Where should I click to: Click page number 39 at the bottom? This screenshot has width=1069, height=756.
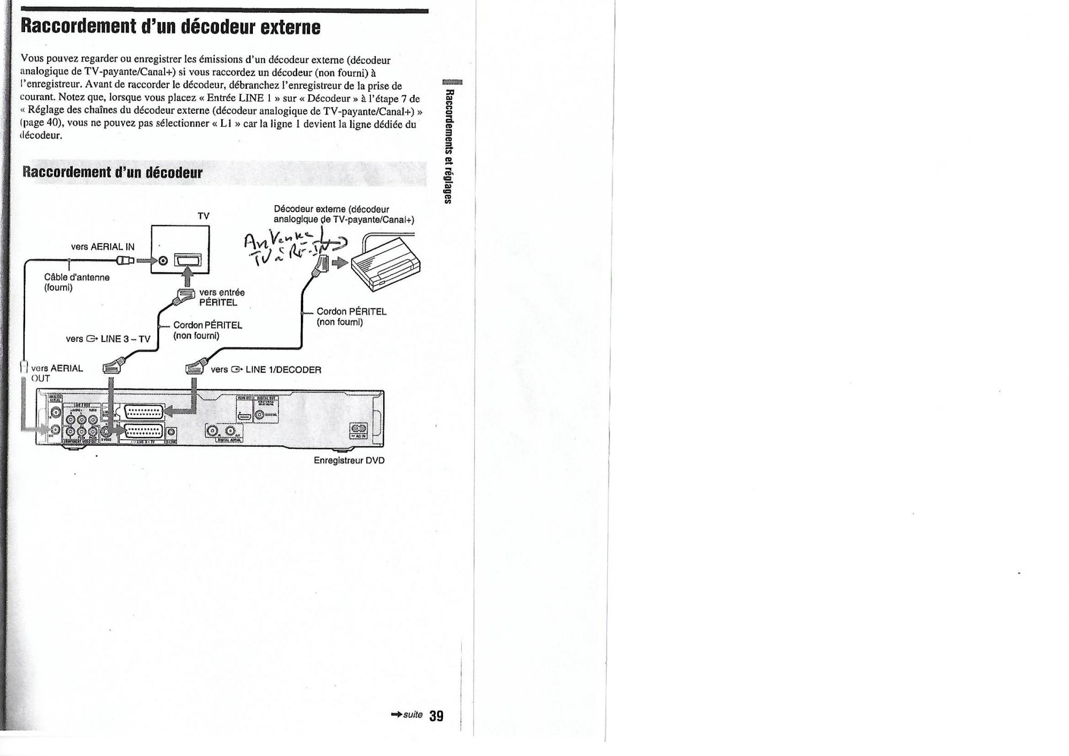click(436, 716)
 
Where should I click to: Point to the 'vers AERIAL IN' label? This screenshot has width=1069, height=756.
click(103, 247)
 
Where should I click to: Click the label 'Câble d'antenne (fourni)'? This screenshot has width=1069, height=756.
click(76, 282)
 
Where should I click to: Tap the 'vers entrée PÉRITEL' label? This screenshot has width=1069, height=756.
click(221, 297)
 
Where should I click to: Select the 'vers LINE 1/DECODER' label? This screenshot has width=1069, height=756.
click(266, 370)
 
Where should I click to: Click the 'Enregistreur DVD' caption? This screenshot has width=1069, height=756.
click(349, 461)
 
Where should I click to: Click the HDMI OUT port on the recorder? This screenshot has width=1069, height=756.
click(245, 417)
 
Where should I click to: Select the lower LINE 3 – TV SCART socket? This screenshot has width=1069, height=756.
click(143, 432)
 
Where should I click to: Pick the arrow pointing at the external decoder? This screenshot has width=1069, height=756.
click(340, 262)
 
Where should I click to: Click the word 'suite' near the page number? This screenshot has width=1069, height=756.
click(413, 715)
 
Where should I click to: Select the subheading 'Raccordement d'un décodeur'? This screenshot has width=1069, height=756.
click(112, 173)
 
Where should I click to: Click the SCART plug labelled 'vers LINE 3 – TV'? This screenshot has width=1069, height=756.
click(112, 367)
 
